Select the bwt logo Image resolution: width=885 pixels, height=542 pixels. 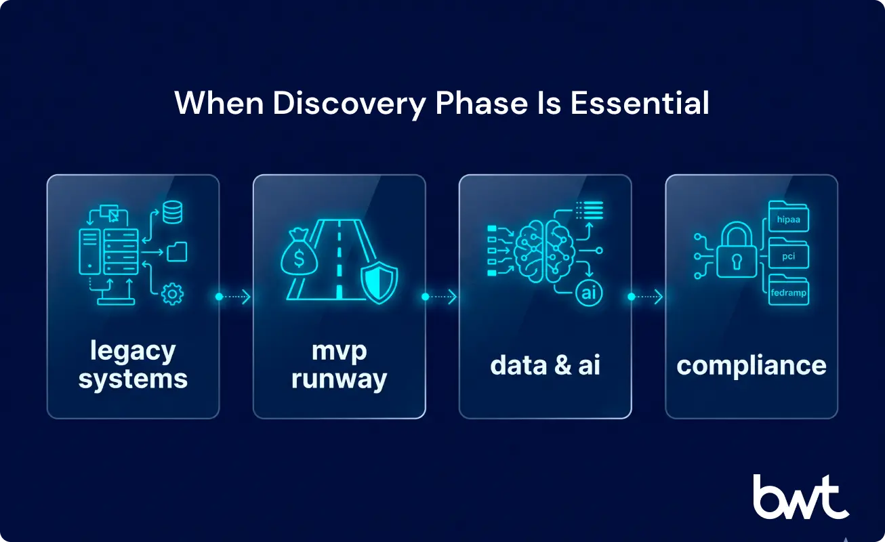(x=800, y=497)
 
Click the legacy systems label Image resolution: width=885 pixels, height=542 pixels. (x=133, y=364)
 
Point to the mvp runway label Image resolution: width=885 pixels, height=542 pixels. (x=339, y=364)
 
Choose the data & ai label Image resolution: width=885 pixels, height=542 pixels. (x=545, y=365)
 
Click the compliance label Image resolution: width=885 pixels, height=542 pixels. (x=752, y=365)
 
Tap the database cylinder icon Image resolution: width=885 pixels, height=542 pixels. (x=172, y=213)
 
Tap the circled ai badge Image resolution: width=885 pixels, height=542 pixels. (x=587, y=293)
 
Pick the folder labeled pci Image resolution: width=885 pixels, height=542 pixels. (x=789, y=255)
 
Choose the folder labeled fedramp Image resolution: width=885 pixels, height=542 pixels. (x=789, y=292)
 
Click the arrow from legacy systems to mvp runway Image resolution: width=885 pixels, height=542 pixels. (x=235, y=297)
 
